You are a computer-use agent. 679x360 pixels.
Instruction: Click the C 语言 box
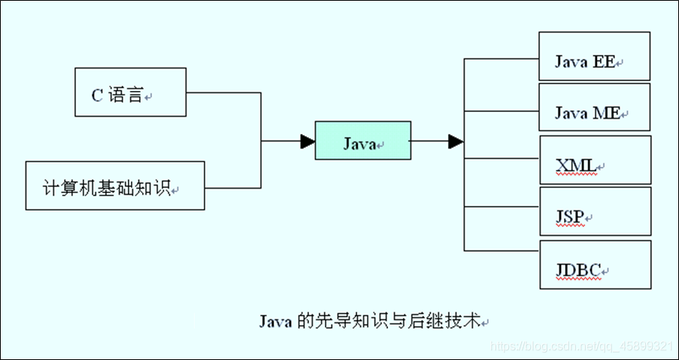tap(129, 92)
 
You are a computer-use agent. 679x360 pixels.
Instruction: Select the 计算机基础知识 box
tap(115, 186)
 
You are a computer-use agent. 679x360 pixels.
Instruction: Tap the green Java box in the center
tap(363, 141)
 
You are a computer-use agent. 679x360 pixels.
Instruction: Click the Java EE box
tap(594, 56)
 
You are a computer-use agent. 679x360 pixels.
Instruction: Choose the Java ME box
tap(594, 107)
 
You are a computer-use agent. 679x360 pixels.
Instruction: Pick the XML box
tap(594, 160)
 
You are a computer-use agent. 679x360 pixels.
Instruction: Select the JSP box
tap(594, 212)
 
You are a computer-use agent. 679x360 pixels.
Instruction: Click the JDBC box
tap(594, 265)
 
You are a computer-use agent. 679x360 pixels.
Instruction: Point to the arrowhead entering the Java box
tap(307, 141)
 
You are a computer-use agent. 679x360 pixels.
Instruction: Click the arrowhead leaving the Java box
tap(455, 141)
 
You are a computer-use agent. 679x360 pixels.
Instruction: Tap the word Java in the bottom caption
tap(276, 321)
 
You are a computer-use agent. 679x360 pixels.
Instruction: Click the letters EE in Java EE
tap(604, 62)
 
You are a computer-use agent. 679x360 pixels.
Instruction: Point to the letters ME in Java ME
tap(607, 113)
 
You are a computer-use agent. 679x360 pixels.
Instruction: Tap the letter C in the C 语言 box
tap(96, 95)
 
